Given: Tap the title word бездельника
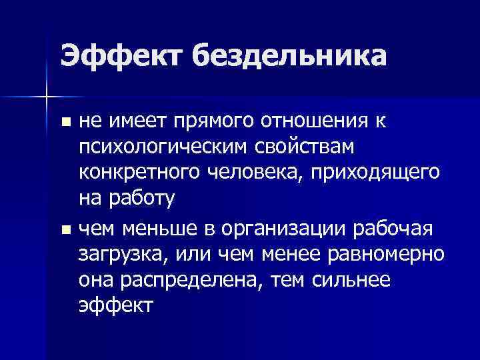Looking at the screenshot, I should pyautogui.click(x=290, y=56).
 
